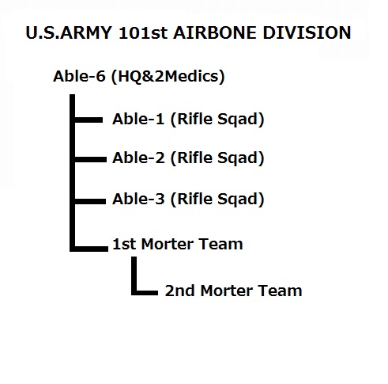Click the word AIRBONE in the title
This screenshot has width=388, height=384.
click(x=214, y=33)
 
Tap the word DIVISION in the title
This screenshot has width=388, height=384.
click(x=307, y=33)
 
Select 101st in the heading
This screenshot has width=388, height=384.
click(x=143, y=33)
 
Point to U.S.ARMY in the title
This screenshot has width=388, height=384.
click(x=69, y=33)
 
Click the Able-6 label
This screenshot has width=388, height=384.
click(x=79, y=76)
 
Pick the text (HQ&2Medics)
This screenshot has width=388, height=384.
click(x=168, y=77)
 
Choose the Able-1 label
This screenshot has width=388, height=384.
click(x=138, y=119)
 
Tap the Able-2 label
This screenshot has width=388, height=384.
click(x=138, y=158)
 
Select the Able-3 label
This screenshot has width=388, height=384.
click(x=138, y=199)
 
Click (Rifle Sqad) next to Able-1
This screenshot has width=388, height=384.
click(x=217, y=120)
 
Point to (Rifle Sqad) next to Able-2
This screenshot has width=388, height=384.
click(x=217, y=158)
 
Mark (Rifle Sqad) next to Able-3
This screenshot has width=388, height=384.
click(x=217, y=200)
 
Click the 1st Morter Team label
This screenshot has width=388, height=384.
click(x=178, y=244)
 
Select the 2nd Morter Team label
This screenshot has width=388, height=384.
click(x=233, y=291)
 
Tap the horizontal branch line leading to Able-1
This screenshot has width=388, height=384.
click(x=89, y=120)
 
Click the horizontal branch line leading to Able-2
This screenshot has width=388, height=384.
click(x=91, y=159)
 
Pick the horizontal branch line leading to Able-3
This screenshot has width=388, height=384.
click(x=90, y=201)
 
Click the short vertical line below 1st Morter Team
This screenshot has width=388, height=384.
click(x=134, y=275)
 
